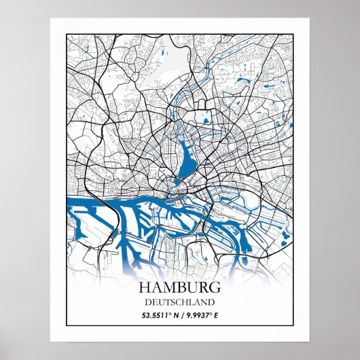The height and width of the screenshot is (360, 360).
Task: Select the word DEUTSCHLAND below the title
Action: (x=180, y=302)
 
